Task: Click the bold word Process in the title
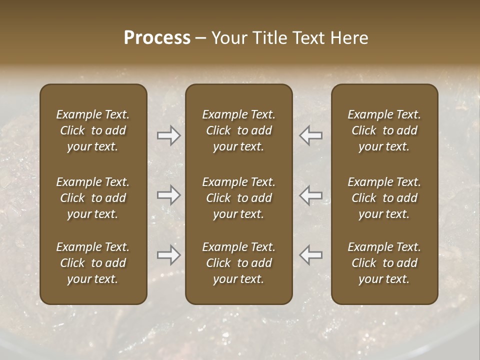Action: pyautogui.click(x=157, y=38)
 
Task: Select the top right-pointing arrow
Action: pyautogui.click(x=168, y=135)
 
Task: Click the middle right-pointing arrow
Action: pyautogui.click(x=168, y=195)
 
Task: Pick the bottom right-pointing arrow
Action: pyautogui.click(x=168, y=255)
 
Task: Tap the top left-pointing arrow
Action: pyautogui.click(x=311, y=135)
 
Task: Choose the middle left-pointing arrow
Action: pyautogui.click(x=311, y=195)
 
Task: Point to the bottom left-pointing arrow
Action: pyautogui.click(x=311, y=255)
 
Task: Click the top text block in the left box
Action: pyautogui.click(x=93, y=130)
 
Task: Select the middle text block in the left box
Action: pyautogui.click(x=93, y=198)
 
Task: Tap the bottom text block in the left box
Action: pyautogui.click(x=93, y=263)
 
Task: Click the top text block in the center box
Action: pyautogui.click(x=239, y=130)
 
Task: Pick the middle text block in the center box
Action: pyautogui.click(x=239, y=198)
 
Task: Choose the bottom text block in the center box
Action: pyautogui.click(x=239, y=263)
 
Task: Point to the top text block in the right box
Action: pyautogui.click(x=384, y=130)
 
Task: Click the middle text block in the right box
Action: pyautogui.click(x=384, y=198)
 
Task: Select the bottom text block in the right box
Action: pyautogui.click(x=384, y=263)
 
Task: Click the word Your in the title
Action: pyautogui.click(x=228, y=38)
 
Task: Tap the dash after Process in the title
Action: pyautogui.click(x=201, y=38)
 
